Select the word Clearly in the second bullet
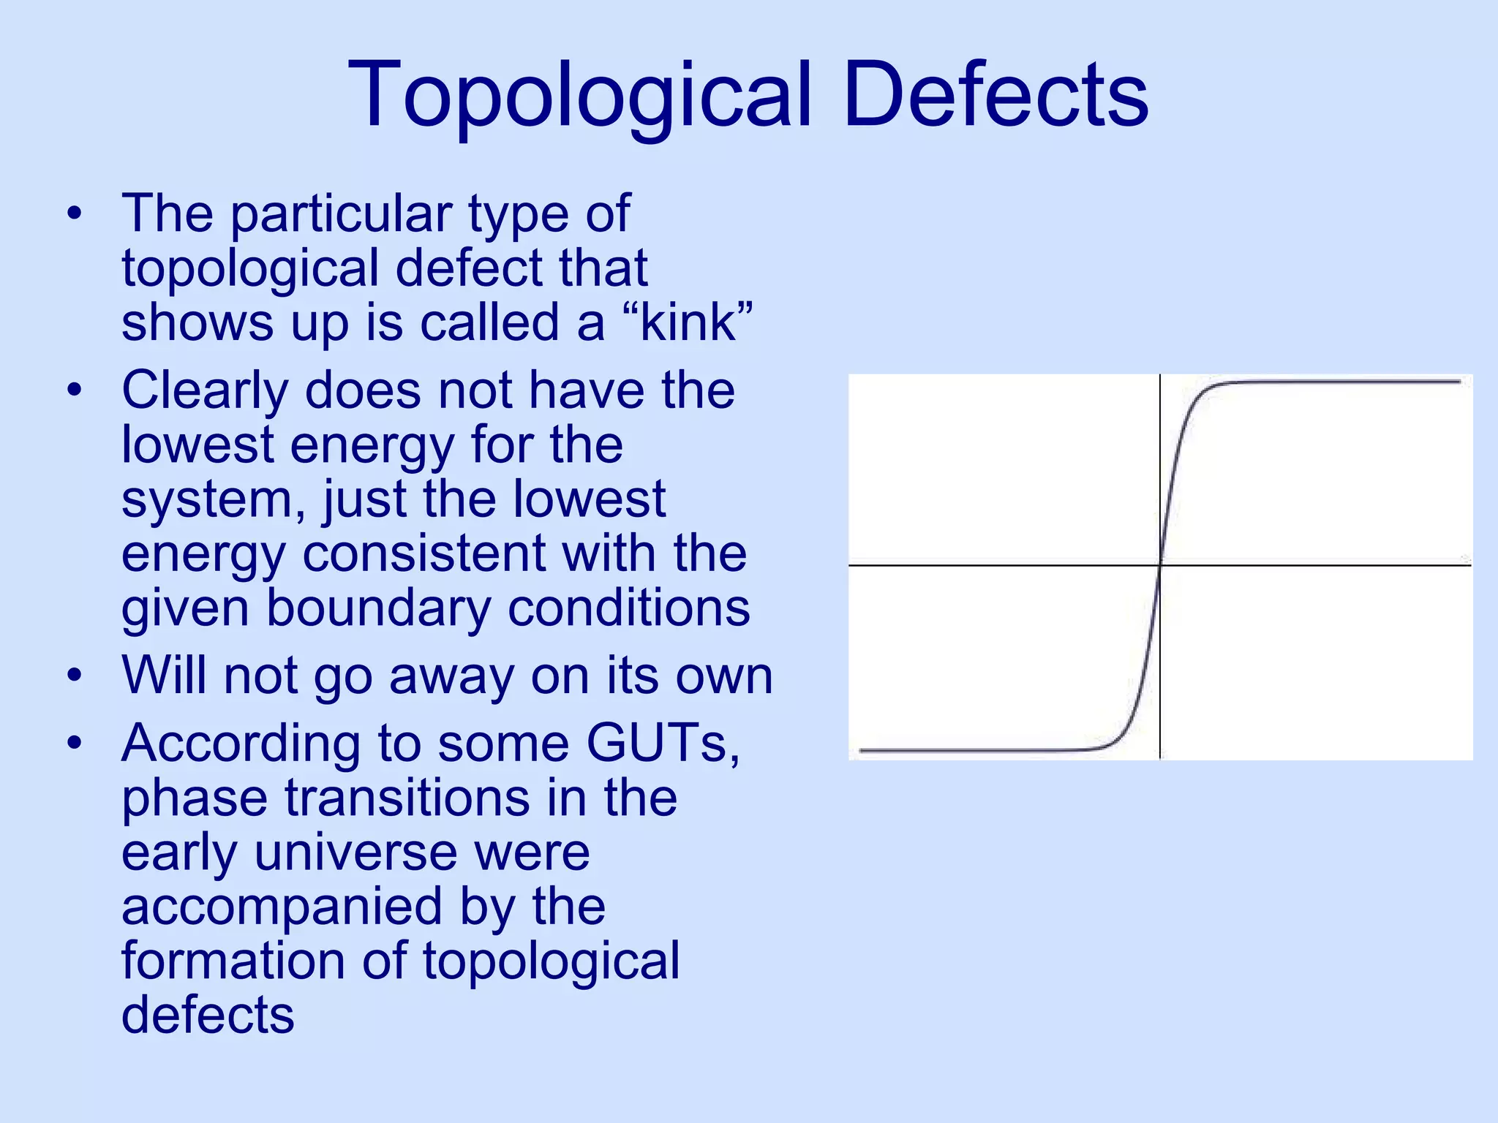click(205, 391)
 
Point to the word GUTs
click(662, 743)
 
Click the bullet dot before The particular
click(74, 214)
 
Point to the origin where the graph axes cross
click(1160, 565)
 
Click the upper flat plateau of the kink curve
click(1331, 382)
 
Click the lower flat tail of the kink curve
click(973, 750)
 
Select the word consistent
click(424, 553)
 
